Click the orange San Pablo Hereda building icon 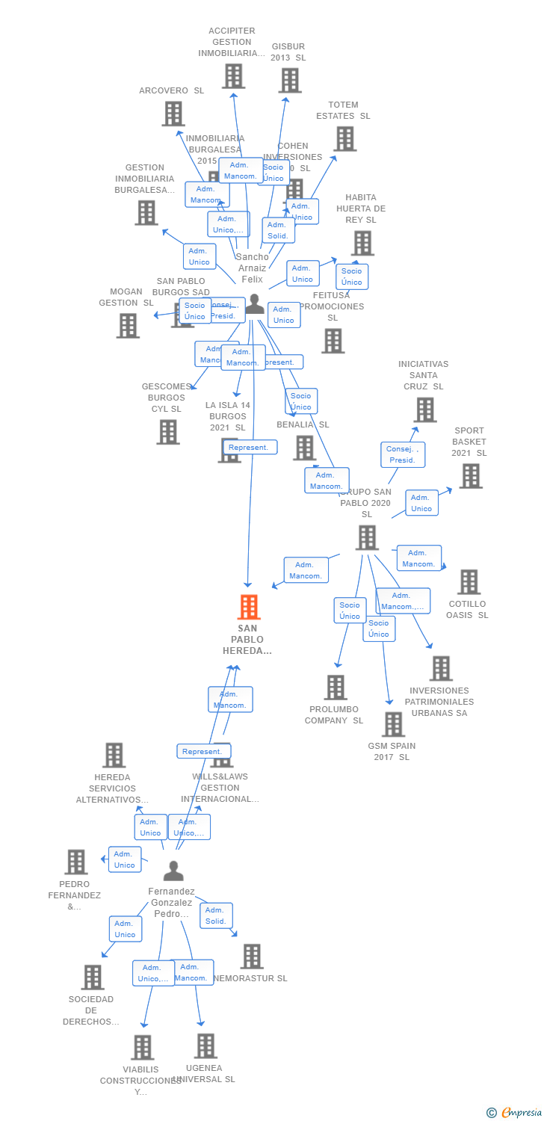(249, 607)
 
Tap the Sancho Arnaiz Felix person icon (255, 303)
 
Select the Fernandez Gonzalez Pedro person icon (173, 871)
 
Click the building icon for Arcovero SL (173, 114)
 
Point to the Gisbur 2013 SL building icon (289, 80)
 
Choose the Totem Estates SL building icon (344, 138)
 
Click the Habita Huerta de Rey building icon (362, 243)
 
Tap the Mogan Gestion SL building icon (128, 325)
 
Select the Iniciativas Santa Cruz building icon (424, 410)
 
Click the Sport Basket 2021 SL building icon (470, 476)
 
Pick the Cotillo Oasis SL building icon (469, 581)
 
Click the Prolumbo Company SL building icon (336, 687)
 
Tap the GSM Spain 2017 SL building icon (392, 723)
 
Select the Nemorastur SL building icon (252, 956)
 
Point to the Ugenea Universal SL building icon (205, 1046)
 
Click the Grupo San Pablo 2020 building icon (366, 537)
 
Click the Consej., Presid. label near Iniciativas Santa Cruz (403, 454)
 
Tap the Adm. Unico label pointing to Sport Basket (421, 503)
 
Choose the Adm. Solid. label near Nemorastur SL (216, 915)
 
